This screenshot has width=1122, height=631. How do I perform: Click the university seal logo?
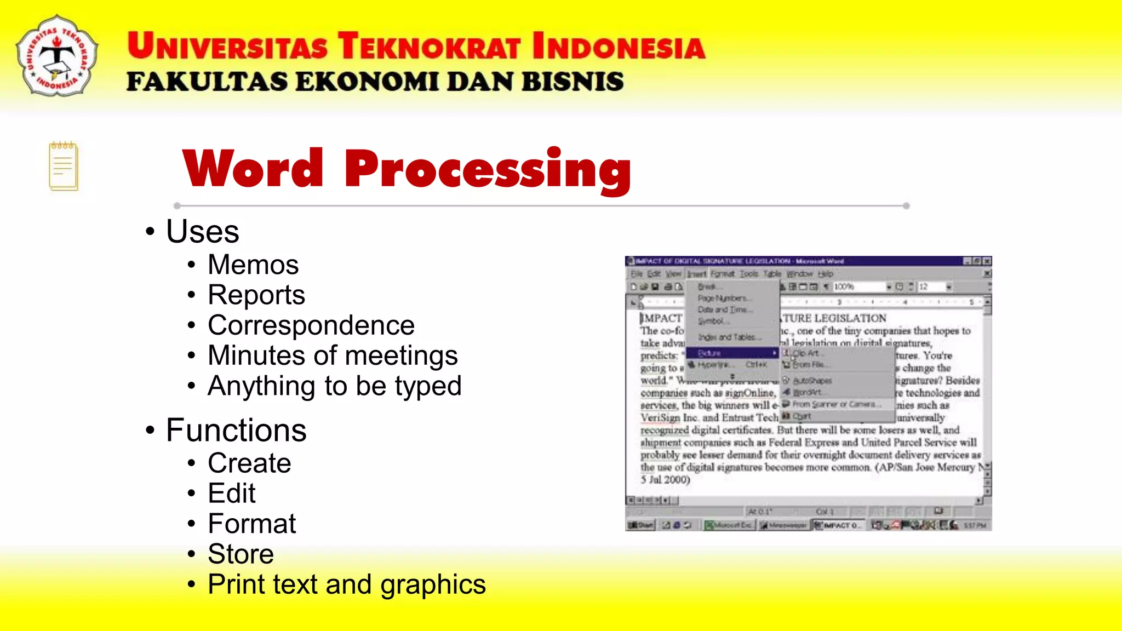57,56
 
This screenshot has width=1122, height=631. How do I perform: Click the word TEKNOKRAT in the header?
428,46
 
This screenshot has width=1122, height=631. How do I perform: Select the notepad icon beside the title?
64,167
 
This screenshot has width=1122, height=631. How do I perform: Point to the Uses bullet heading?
203,232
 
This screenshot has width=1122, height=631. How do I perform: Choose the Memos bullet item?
253,265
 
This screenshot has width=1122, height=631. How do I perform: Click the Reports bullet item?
256,295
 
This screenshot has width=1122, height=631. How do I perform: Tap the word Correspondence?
311,326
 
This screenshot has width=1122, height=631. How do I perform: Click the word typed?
428,387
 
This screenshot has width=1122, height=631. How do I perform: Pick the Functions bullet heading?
236,431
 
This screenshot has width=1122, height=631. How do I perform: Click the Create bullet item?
249,464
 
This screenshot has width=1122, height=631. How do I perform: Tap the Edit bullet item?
232,494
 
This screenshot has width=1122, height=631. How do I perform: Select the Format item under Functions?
252,524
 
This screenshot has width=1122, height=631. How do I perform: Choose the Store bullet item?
241,554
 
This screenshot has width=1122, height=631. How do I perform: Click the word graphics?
433,585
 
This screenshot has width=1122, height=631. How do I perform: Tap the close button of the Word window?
987,261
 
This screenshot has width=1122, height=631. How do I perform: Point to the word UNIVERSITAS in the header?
228,46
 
